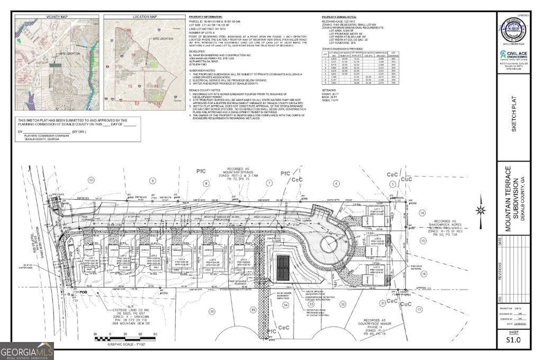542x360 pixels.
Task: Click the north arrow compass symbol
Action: pos(481,209)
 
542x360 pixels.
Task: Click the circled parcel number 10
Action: pos(90,180)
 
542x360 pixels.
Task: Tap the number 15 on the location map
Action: pos(130,86)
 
